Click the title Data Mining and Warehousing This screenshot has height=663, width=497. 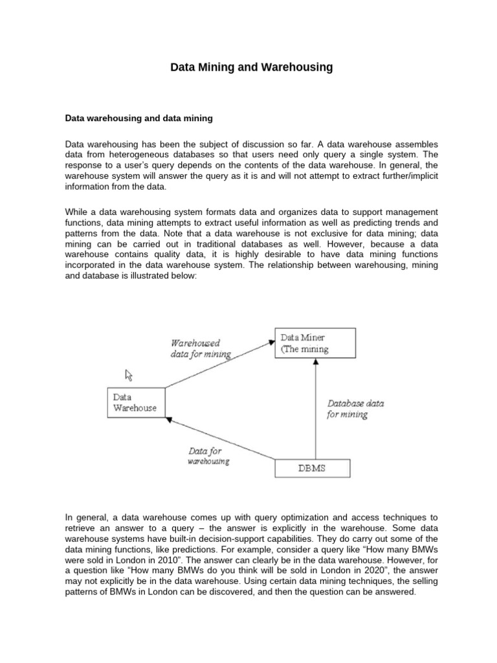(x=251, y=67)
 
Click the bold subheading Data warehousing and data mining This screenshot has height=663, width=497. (x=139, y=118)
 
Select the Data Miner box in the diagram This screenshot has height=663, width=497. (x=315, y=343)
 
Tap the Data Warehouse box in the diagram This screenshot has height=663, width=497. (x=135, y=402)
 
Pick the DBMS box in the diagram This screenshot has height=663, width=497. (x=313, y=468)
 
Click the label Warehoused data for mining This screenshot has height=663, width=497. (x=200, y=349)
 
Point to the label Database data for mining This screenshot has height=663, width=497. (x=355, y=409)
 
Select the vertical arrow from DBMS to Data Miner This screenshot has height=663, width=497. (x=315, y=408)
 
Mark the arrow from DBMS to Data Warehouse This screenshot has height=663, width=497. (x=220, y=441)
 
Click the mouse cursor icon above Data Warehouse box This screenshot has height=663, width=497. (x=129, y=375)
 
